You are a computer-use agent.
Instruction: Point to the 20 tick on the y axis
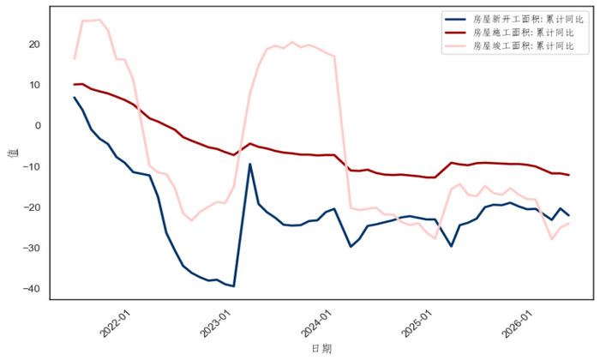(34, 45)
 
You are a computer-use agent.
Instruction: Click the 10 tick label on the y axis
(34, 85)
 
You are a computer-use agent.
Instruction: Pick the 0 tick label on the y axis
(38, 125)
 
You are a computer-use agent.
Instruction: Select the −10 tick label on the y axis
(32, 166)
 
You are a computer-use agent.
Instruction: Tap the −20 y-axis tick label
(32, 207)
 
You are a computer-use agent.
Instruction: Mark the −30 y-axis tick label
(32, 248)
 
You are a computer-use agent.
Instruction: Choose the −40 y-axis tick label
(32, 289)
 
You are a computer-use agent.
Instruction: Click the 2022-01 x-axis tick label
(115, 323)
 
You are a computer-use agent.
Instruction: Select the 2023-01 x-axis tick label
(216, 323)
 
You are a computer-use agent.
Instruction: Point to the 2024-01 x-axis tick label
(316, 323)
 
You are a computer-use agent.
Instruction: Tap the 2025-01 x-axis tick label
(417, 323)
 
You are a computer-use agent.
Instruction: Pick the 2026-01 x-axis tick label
(518, 323)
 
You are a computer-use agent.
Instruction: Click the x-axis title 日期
(321, 349)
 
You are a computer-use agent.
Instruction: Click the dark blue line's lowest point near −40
(234, 286)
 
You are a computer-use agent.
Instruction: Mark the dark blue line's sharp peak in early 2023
(250, 164)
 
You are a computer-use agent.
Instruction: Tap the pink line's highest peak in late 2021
(99, 20)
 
